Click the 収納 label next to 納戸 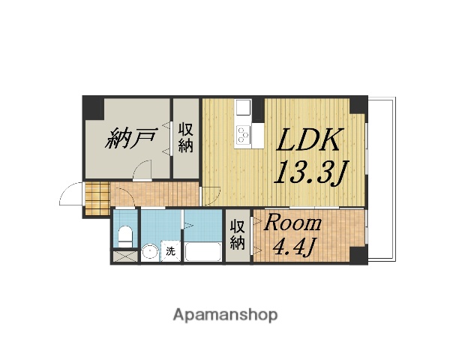point(185,137)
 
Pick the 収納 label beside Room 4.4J point(238,235)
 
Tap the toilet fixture point(125,235)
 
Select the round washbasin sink point(150,252)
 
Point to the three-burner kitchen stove point(244,135)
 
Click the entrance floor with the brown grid point(96,200)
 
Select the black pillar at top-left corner point(91,108)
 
